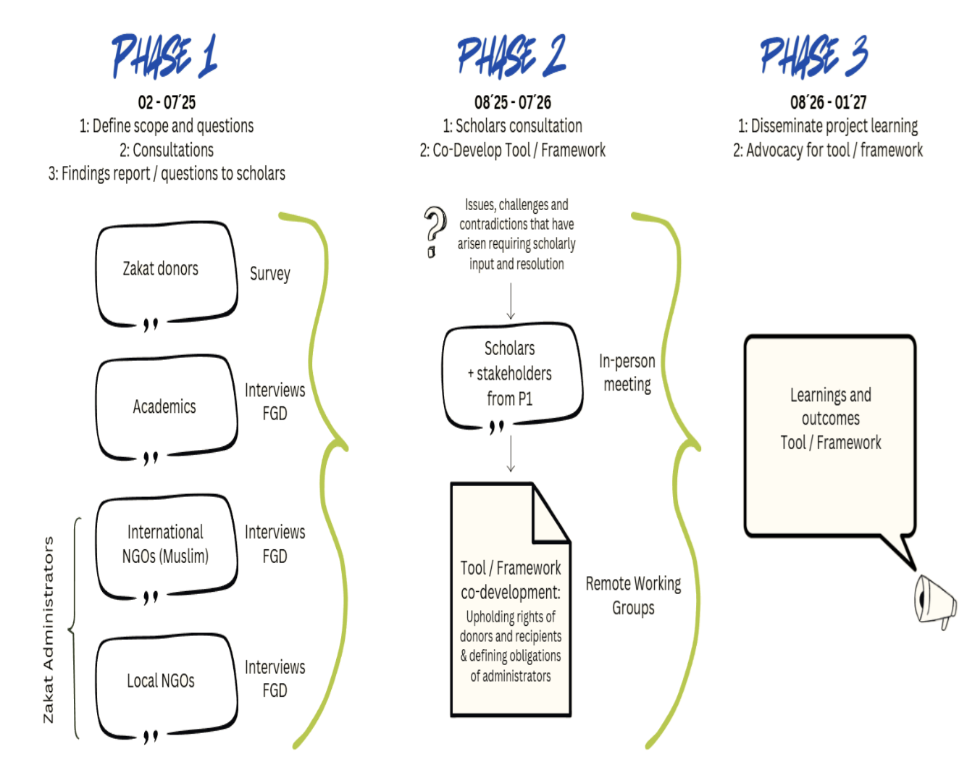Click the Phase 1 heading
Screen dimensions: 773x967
[x=164, y=56]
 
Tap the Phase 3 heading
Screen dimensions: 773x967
[x=813, y=56]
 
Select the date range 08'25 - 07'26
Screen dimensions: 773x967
[x=513, y=102]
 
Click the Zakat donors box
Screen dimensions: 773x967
[x=166, y=272]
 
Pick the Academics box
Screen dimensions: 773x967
[x=166, y=407]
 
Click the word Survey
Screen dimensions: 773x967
[x=270, y=274]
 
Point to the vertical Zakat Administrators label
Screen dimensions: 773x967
[x=49, y=629]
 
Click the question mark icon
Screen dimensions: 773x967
[x=434, y=231]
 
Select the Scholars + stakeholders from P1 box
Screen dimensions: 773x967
[x=511, y=375]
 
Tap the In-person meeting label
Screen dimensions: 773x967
[x=627, y=372]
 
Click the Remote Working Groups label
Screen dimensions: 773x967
[x=633, y=596]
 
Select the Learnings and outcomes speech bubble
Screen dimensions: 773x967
[x=830, y=435]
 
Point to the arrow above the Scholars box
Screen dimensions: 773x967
[x=511, y=301]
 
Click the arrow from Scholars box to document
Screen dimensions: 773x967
[x=511, y=454]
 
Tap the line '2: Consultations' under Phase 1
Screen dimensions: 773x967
[x=167, y=150]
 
